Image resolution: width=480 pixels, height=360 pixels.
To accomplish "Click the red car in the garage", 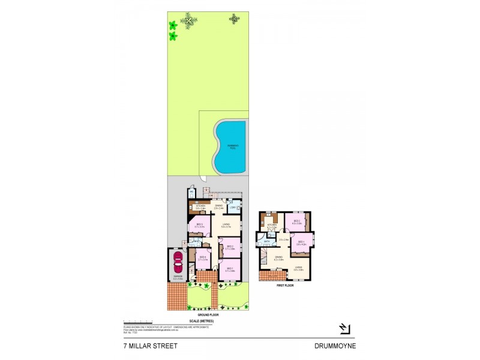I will (178, 262).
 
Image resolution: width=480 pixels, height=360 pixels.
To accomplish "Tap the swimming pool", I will (230, 146).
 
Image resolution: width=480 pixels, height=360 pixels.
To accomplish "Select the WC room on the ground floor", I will (191, 192).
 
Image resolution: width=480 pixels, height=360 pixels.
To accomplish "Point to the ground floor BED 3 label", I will (229, 247).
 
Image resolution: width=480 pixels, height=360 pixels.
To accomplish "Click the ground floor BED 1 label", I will (229, 269).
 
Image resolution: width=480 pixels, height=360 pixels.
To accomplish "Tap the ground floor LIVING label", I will (226, 225).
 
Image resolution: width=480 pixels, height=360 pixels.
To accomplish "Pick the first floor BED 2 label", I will (296, 221).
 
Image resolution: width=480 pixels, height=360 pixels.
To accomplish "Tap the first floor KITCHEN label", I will (271, 226).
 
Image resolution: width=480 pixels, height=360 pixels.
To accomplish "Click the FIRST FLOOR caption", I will (284, 286).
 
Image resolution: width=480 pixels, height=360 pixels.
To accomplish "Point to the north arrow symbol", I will (343, 328).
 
